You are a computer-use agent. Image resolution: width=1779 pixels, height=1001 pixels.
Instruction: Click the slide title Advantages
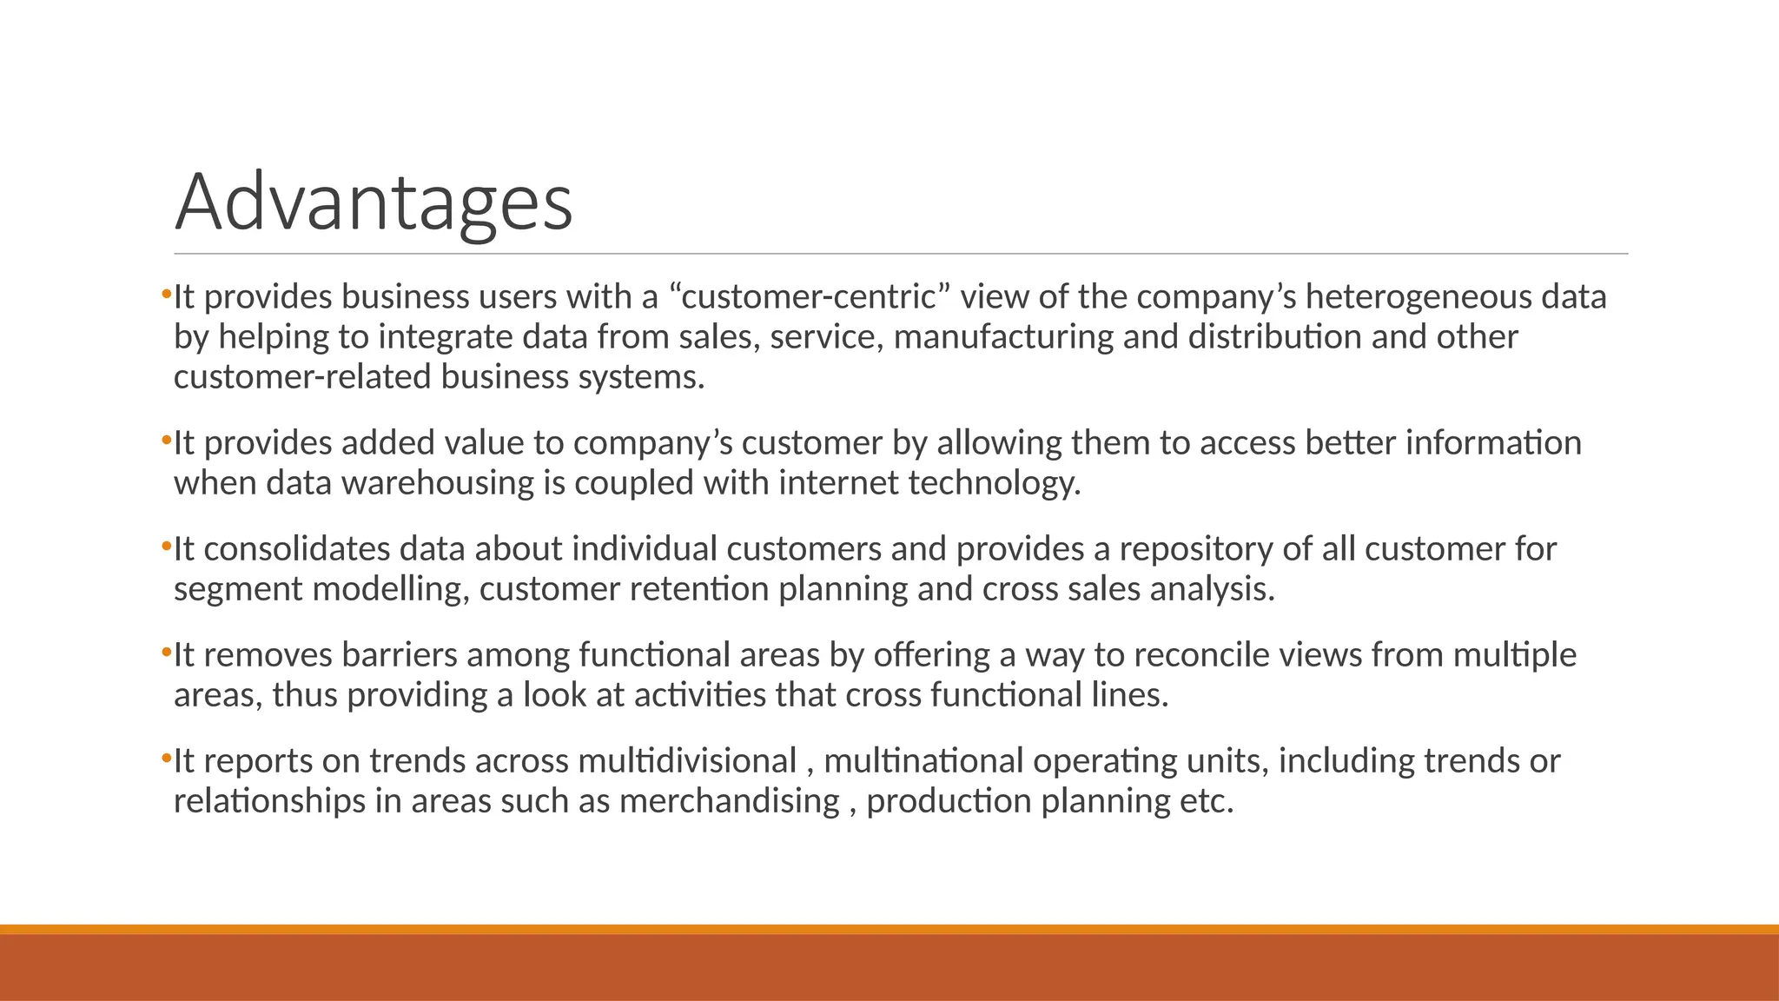(374, 202)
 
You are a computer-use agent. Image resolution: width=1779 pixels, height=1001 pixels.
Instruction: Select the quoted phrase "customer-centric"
(809, 297)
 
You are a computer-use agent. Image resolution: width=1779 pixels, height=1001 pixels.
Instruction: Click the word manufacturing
(1003, 337)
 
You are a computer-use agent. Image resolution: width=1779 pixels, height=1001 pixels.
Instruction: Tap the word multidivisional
(687, 761)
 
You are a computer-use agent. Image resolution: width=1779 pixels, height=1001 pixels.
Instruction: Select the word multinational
(924, 761)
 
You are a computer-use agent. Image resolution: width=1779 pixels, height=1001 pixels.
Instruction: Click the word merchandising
(730, 801)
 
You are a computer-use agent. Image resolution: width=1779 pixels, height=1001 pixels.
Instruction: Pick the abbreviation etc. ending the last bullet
(1207, 801)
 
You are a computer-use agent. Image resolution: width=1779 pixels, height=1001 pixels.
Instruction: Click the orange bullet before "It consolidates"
(166, 547)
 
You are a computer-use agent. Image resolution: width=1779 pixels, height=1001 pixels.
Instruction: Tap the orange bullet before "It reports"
(166, 759)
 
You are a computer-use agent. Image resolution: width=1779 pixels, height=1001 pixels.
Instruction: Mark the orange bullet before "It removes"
(166, 653)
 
